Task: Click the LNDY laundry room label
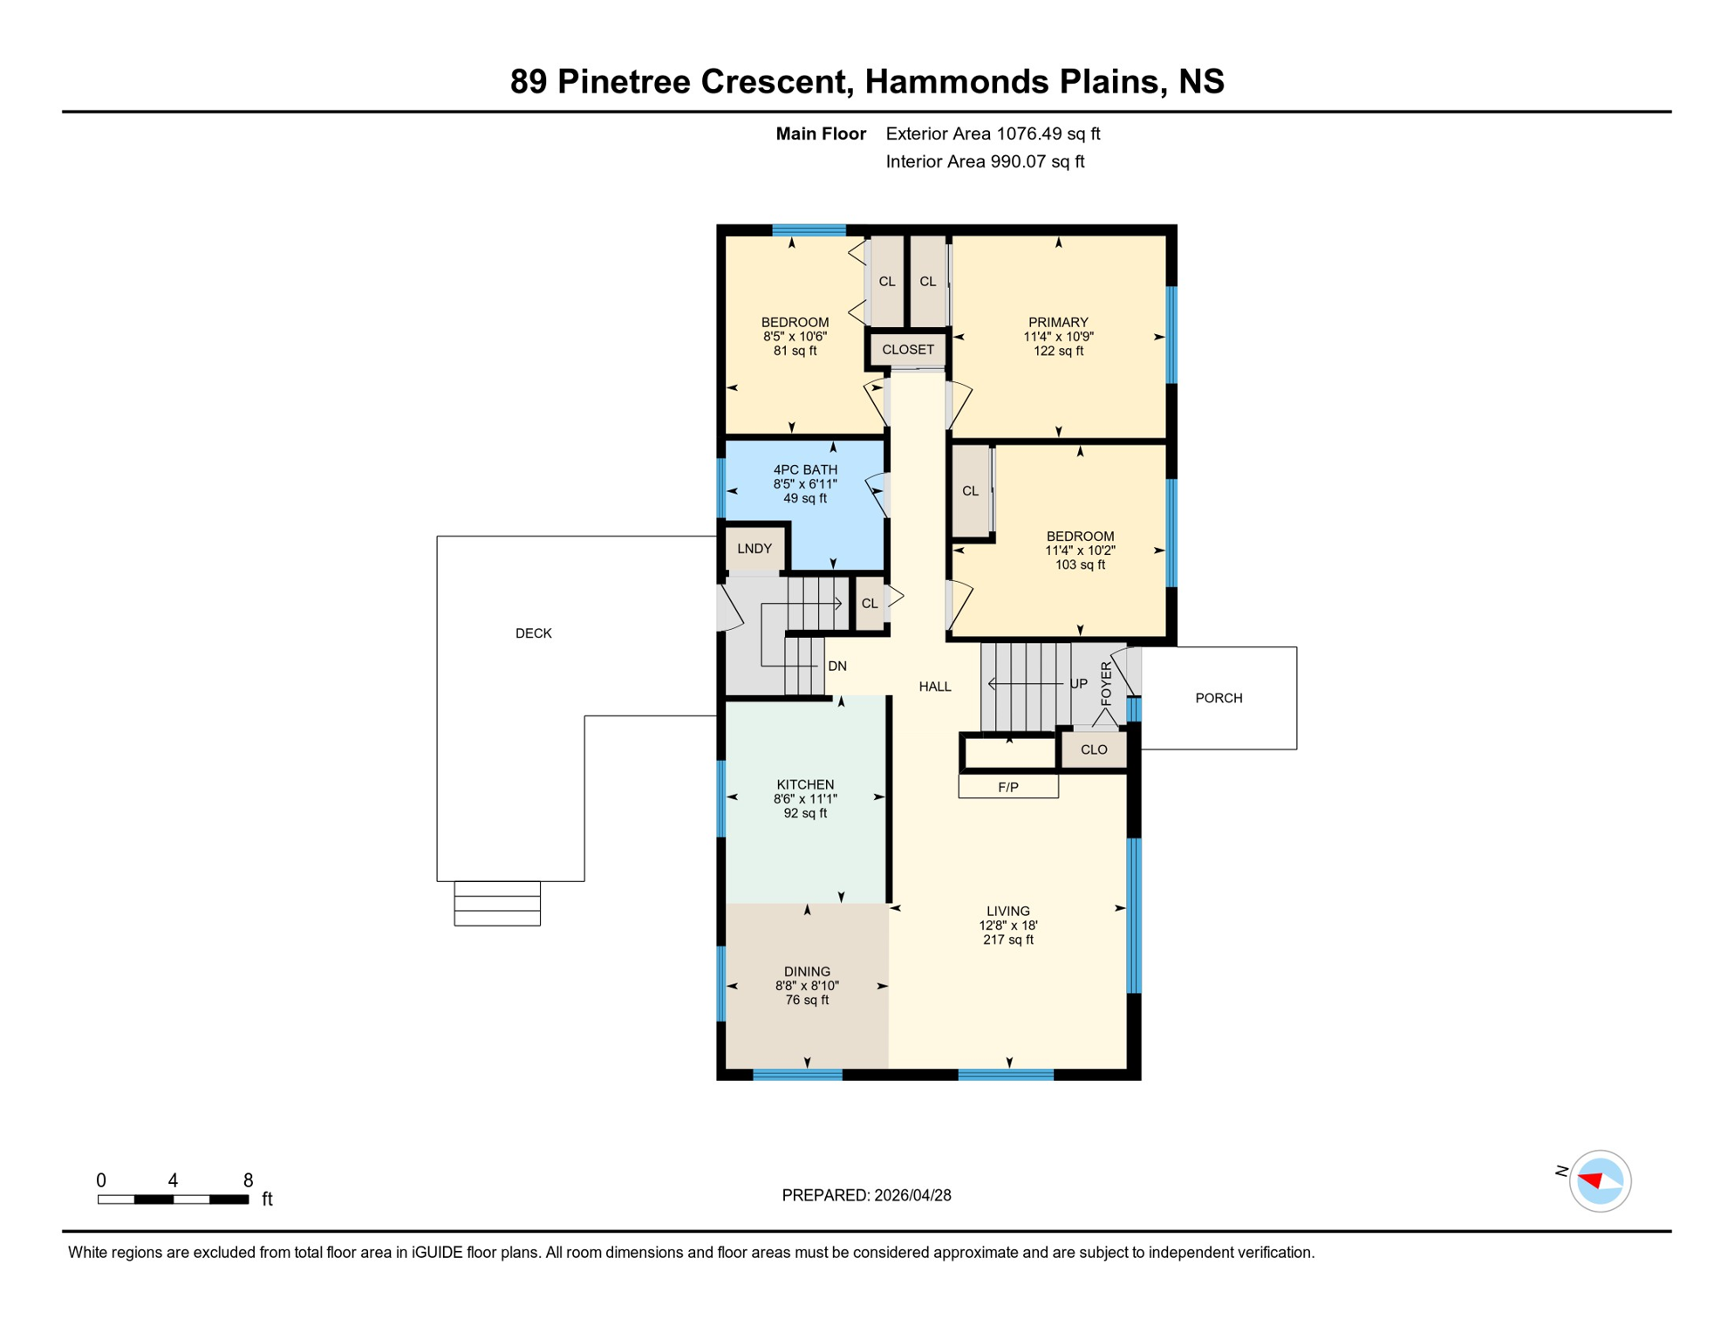coord(754,549)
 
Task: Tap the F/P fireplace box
coord(1008,787)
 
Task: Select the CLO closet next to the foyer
coord(1094,749)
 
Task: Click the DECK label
coord(533,633)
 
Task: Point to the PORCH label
coord(1219,698)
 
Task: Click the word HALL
coord(934,687)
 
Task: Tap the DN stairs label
coord(836,667)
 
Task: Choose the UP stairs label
coord(1078,684)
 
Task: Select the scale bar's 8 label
coord(248,1180)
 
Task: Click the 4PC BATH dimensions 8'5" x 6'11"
coord(804,484)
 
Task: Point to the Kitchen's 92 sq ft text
coord(804,813)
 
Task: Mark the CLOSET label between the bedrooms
coord(907,350)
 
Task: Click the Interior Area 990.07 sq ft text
coord(984,161)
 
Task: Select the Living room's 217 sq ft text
coord(1007,940)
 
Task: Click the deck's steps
coord(497,903)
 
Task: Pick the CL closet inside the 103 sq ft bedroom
coord(970,491)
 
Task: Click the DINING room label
coord(806,972)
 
